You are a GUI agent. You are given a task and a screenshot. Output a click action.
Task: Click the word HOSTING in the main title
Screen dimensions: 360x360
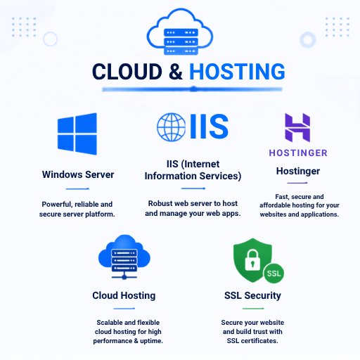(237, 71)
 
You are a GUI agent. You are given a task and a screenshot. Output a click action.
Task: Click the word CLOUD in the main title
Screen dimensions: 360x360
(127, 71)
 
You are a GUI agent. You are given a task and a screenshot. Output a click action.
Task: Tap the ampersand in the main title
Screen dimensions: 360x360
(176, 71)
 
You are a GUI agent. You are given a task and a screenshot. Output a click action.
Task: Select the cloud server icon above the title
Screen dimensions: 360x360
(180, 32)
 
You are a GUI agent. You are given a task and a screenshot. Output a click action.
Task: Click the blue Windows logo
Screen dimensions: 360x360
(77, 134)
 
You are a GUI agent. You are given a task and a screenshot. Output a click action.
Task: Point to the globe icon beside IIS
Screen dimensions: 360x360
(171, 127)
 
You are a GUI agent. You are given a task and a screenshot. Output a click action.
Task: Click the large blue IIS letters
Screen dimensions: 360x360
(209, 127)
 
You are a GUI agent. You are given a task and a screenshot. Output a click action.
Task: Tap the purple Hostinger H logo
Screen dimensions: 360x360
(297, 127)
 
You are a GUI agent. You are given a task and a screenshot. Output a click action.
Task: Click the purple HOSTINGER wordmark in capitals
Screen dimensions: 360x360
(298, 153)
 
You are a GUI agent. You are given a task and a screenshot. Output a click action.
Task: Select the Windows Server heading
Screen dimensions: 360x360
(78, 174)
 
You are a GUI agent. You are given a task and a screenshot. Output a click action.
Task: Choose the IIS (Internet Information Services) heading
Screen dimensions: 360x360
(193, 170)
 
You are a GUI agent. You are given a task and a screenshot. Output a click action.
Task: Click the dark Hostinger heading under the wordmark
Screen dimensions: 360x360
(298, 172)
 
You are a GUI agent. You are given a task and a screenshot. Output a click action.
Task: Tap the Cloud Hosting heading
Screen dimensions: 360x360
(124, 295)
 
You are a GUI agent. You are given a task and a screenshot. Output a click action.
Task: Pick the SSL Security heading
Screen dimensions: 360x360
(252, 295)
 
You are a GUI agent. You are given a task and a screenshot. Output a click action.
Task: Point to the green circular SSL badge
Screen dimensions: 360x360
(274, 274)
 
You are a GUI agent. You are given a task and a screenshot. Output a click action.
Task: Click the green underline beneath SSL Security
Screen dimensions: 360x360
(253, 309)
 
